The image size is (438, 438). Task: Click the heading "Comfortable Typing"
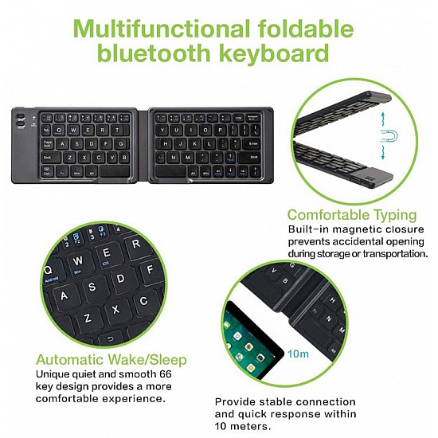[351, 214]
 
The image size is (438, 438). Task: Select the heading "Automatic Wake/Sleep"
[111, 359]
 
